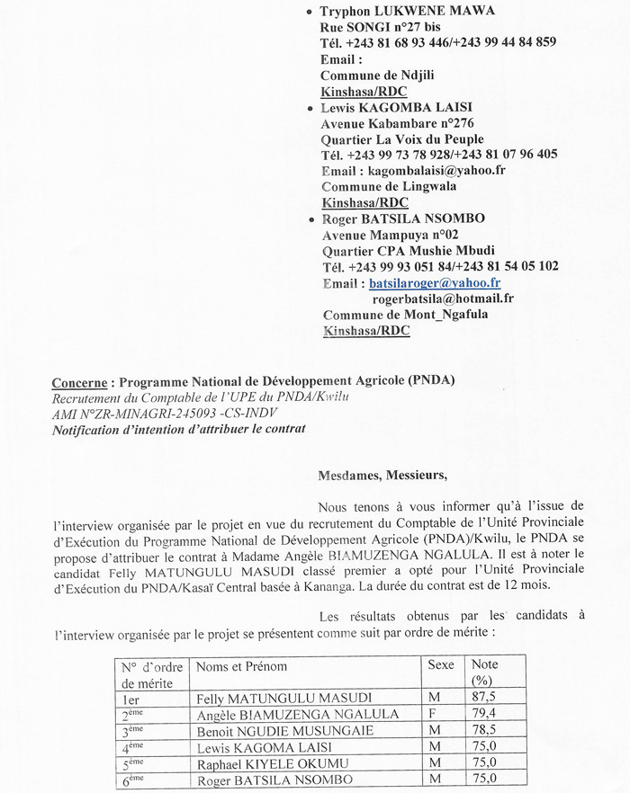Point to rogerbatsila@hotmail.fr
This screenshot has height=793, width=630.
pyautogui.click(x=443, y=298)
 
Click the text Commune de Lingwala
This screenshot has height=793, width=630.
pyautogui.click(x=389, y=186)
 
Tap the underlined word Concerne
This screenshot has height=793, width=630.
pyautogui.click(x=80, y=380)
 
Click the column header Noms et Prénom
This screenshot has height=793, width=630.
pyautogui.click(x=241, y=666)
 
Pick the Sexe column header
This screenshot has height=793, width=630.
pyautogui.click(x=442, y=665)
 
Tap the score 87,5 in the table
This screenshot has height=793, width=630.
pyautogui.click(x=486, y=698)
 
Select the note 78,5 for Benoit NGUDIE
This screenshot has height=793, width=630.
pyautogui.click(x=486, y=730)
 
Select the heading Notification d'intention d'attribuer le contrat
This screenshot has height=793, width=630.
pyautogui.click(x=179, y=429)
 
